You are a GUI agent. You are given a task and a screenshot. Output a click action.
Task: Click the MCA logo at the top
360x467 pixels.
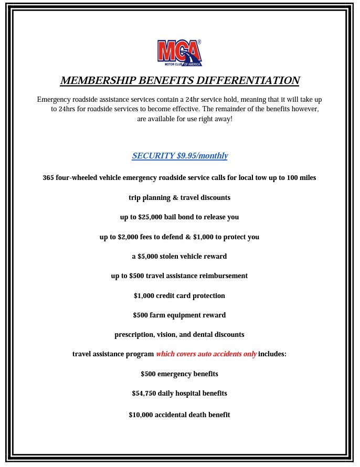click(179, 53)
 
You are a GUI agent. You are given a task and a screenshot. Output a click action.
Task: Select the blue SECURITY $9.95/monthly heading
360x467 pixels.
click(179, 156)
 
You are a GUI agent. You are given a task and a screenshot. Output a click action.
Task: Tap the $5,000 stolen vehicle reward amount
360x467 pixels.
click(146, 257)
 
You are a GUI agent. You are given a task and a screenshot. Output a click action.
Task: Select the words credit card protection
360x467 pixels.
click(190, 296)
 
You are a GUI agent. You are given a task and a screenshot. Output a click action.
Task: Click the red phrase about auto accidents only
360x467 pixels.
click(206, 354)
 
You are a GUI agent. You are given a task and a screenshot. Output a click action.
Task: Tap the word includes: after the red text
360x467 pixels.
click(272, 354)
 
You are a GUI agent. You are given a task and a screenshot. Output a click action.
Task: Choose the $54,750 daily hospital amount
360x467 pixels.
click(144, 394)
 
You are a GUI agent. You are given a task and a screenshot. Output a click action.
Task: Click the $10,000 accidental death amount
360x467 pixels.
click(141, 415)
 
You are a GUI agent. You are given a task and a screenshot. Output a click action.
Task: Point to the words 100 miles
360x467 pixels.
click(301, 178)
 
